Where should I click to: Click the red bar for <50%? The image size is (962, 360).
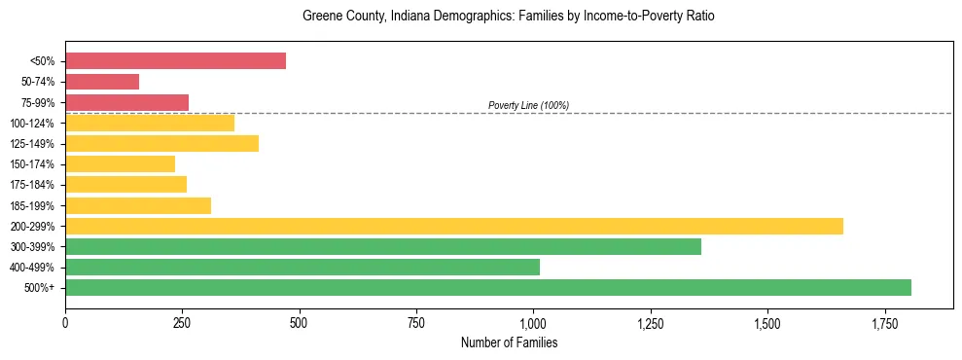175,61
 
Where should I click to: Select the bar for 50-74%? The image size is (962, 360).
102,82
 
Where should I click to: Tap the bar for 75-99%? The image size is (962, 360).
126,102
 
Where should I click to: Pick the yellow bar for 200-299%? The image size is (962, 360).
453,227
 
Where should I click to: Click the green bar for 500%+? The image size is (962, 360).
487,288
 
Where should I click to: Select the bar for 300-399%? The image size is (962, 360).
382,247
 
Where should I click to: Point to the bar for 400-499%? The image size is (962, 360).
302,268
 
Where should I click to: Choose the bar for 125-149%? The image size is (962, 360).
161,144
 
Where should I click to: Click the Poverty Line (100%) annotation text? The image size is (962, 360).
528,105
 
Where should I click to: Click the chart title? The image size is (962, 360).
509,17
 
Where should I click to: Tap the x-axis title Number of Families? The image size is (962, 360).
509,342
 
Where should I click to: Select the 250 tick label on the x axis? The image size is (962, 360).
182,321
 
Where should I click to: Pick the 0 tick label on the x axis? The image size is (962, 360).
65,321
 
